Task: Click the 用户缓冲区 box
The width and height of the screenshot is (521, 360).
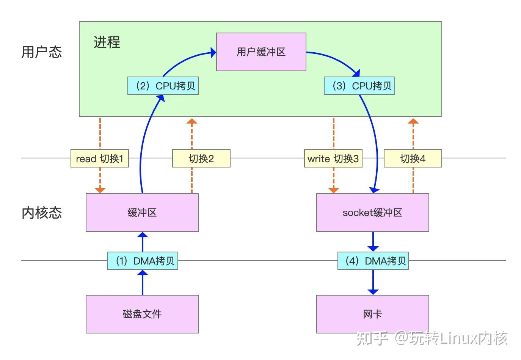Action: pos(261,52)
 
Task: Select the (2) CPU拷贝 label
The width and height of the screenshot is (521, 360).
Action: pos(163,86)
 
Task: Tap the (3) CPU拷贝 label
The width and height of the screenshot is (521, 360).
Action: pos(359,86)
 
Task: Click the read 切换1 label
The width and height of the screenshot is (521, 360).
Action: pos(100,158)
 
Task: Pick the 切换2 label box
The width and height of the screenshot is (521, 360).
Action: pos(201,158)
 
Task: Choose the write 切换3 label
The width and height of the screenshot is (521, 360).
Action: pos(333,158)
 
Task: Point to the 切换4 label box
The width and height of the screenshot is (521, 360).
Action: pos(413,158)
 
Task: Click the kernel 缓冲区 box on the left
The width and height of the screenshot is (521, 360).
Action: pos(142,213)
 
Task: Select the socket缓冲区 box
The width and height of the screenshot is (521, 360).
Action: pos(372,213)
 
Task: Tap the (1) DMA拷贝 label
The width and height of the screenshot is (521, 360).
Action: pos(143,261)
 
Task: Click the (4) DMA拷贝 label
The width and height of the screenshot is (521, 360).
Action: pos(373,261)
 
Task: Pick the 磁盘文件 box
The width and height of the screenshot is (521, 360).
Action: pos(142,314)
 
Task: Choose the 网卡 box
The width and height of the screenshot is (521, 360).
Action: pos(372,314)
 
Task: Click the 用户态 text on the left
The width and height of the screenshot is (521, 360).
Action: pos(41,52)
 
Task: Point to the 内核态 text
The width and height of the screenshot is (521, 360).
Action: pos(41,213)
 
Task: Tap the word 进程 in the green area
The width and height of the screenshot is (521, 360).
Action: pos(107,42)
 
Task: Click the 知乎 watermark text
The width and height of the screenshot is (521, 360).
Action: pos(372,338)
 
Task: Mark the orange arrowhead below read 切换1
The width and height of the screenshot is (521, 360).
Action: pos(100,190)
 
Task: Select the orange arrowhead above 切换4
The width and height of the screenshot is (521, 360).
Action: pos(413,121)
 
